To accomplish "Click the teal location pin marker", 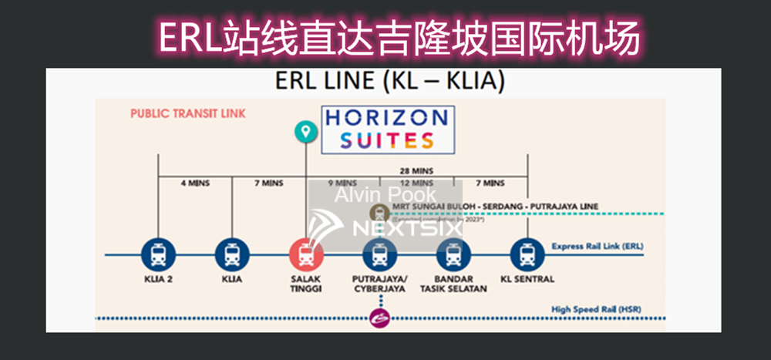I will tap(306, 132).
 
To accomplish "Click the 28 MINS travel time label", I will tap(416, 170).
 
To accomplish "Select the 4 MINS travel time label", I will tap(194, 183).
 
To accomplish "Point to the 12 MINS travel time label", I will tap(416, 183).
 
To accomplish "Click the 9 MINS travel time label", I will tap(342, 183).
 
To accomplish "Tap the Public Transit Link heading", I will tap(187, 113).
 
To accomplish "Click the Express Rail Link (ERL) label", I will tap(597, 247).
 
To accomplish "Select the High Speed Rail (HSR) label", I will tap(596, 310).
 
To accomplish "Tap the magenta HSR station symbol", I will tap(379, 317).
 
